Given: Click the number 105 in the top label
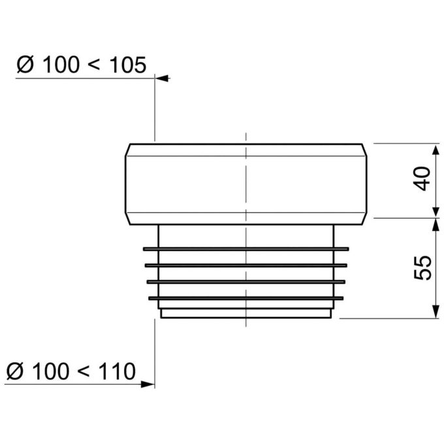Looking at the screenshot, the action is [x=128, y=65].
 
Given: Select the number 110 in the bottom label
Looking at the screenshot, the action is [x=117, y=371].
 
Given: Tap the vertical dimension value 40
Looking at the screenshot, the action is [x=422, y=179].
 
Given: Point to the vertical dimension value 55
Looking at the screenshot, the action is [x=422, y=268].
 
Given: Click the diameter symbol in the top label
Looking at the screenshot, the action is [x=25, y=65].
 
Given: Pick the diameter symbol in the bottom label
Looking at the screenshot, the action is [x=15, y=371].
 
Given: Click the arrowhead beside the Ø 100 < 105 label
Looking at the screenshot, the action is [x=162, y=78].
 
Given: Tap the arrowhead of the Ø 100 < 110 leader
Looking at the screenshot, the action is [x=148, y=384].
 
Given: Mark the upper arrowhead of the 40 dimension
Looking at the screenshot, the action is [x=436, y=150].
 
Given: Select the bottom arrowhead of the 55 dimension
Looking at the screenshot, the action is [x=436, y=311].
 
